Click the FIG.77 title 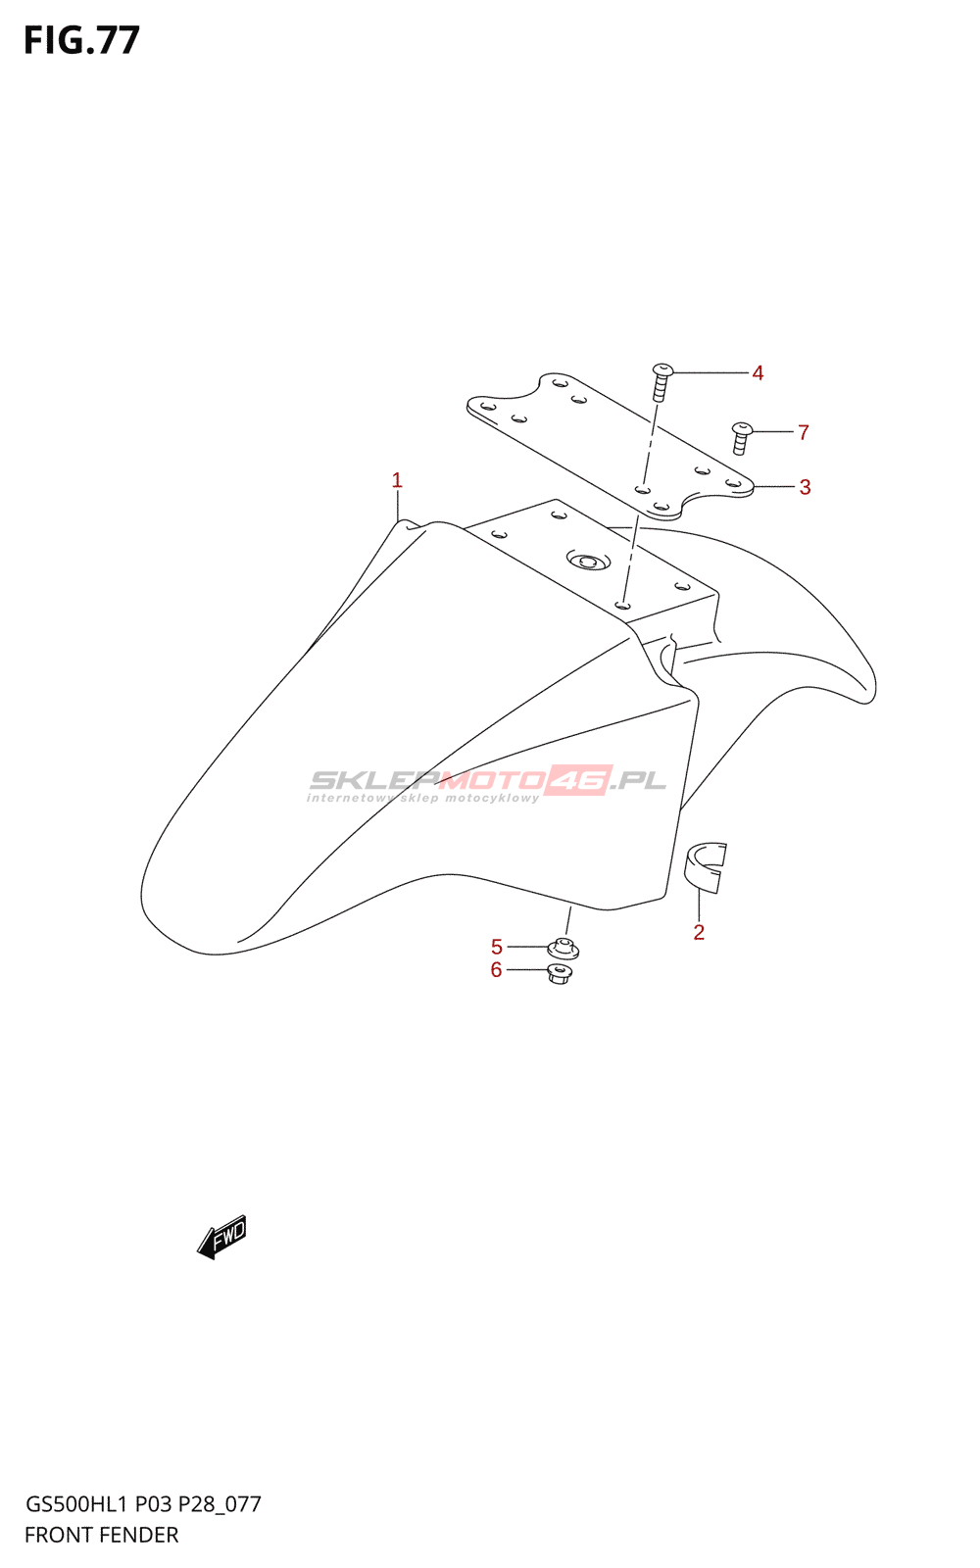click(x=82, y=40)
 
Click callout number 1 click(x=397, y=480)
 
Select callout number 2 click(x=699, y=932)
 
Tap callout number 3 click(x=805, y=487)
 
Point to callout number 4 click(x=758, y=372)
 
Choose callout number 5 click(x=497, y=947)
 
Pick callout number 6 click(x=496, y=970)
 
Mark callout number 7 click(x=804, y=432)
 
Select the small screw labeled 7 click(x=742, y=437)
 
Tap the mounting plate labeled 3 click(x=608, y=441)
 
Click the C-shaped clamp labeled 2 click(x=705, y=866)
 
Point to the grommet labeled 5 click(x=563, y=948)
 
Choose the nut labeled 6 click(x=559, y=974)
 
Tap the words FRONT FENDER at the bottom click(x=102, y=1535)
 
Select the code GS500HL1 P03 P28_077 click(x=143, y=1504)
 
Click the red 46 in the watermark click(x=578, y=780)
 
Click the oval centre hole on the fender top click(x=588, y=562)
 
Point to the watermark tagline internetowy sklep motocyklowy click(x=422, y=798)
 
